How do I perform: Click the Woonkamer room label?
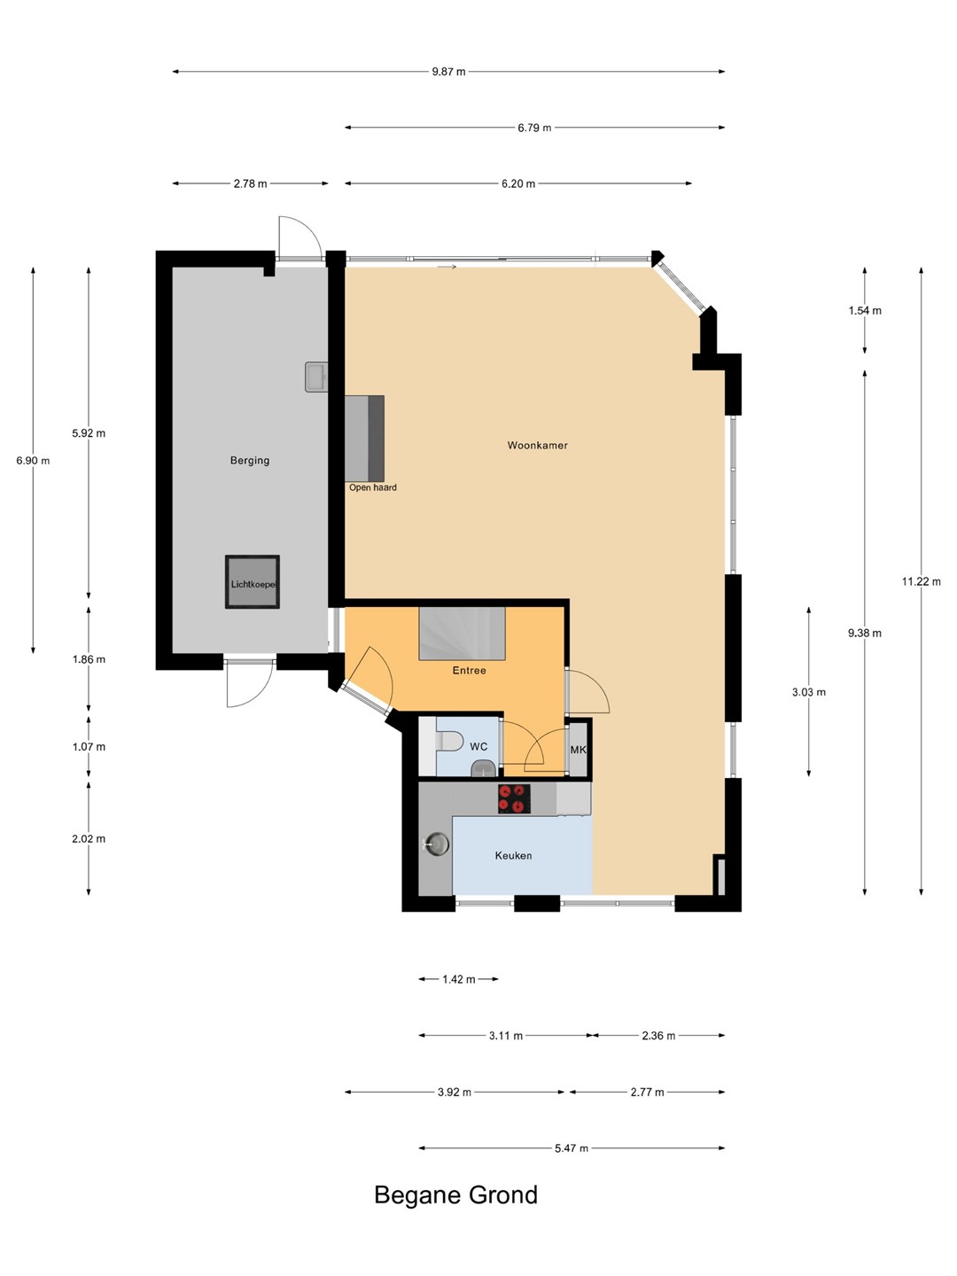[x=537, y=446]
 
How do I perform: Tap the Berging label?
[x=250, y=461]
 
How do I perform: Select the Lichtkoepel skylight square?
[x=253, y=582]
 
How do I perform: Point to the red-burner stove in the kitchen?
[x=514, y=798]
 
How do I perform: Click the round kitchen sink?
[x=436, y=844]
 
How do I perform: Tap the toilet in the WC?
[x=448, y=741]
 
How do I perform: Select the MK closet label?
[x=578, y=750]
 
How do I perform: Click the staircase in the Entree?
[x=462, y=633]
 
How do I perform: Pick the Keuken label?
[x=513, y=856]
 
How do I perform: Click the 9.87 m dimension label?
[x=448, y=72]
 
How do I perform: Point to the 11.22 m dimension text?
[x=921, y=581]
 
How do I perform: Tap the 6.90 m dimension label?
[x=33, y=461]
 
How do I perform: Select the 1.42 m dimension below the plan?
[x=459, y=979]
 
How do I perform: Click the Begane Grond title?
[x=456, y=1195]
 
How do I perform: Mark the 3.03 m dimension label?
[x=809, y=692]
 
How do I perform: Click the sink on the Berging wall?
[x=316, y=377]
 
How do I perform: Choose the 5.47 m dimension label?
[x=572, y=1148]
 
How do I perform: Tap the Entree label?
[x=469, y=670]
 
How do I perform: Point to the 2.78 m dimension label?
[x=251, y=183]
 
